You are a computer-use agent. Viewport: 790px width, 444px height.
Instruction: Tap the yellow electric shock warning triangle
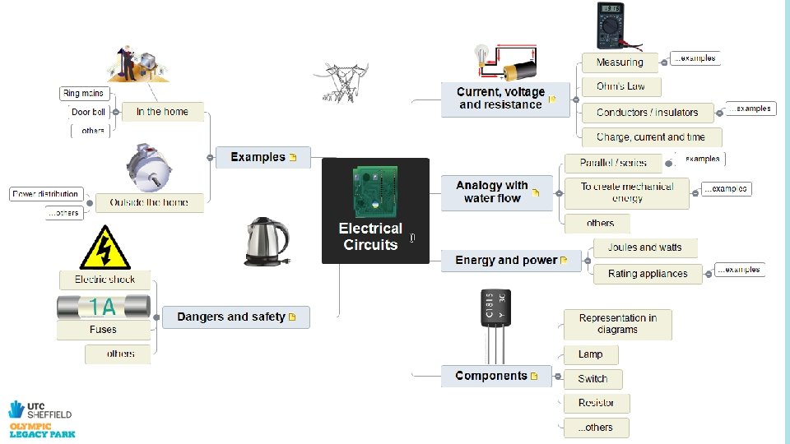(x=105, y=247)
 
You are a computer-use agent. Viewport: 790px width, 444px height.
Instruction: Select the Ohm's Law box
(x=620, y=86)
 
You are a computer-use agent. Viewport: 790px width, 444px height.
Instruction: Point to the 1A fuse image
(x=104, y=307)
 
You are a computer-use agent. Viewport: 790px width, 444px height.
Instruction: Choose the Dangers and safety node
(x=235, y=317)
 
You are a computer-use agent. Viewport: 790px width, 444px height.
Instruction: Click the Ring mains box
(x=84, y=93)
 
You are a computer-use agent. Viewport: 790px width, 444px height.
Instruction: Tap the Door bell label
(x=88, y=112)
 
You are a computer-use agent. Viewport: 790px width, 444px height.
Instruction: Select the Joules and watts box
(x=644, y=247)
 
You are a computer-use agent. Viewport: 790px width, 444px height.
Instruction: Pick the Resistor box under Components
(x=597, y=403)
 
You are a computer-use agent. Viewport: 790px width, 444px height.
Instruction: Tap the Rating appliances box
(x=648, y=274)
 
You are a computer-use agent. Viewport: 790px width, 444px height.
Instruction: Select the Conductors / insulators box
(x=647, y=113)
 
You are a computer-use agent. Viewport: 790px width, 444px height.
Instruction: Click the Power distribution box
(x=46, y=194)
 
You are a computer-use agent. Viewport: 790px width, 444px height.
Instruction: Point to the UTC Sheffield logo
(x=39, y=417)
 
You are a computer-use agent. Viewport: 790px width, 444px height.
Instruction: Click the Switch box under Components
(x=592, y=379)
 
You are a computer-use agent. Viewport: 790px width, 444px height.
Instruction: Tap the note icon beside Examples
(x=293, y=157)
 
